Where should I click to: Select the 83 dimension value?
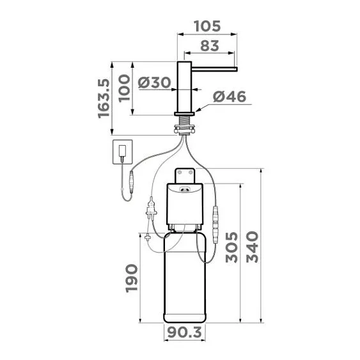210,46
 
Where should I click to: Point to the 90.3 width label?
185,333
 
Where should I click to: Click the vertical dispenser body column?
185,86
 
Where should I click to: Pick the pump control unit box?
185,205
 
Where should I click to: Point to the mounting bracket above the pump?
186,173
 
